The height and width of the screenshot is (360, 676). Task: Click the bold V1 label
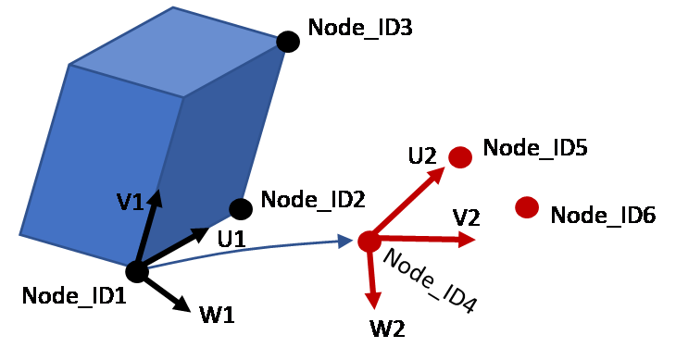[131, 203]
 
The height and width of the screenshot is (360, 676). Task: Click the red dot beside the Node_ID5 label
[460, 157]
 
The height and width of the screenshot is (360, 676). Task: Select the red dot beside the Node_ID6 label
[527, 207]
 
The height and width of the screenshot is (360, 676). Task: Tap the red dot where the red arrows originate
[369, 242]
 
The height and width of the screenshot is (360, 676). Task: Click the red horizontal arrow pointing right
[426, 239]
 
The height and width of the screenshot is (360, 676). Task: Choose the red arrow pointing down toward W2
[372, 278]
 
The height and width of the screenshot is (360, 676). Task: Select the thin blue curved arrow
[250, 250]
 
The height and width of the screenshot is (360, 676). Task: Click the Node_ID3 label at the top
[361, 28]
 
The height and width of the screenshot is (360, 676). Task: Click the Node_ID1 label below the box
[74, 297]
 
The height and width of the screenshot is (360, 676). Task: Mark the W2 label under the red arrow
[388, 329]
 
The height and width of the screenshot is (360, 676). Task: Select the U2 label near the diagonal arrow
[422, 155]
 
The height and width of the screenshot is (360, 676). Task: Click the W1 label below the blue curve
[218, 314]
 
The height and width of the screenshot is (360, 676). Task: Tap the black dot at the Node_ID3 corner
[285, 42]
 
